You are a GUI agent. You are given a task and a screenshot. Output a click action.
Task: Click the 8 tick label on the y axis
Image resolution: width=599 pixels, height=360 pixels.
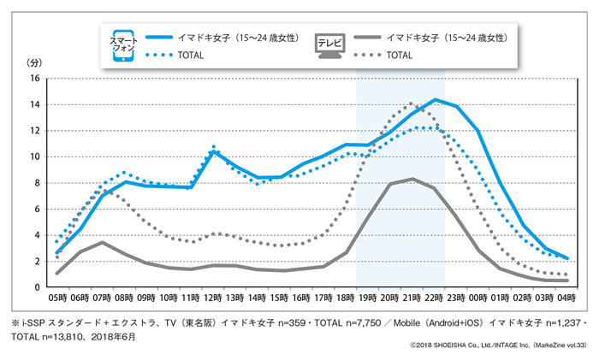pyautogui.click(x=36, y=182)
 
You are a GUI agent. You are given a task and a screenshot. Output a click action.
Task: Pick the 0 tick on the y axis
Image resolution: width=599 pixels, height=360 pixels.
pyautogui.click(x=36, y=287)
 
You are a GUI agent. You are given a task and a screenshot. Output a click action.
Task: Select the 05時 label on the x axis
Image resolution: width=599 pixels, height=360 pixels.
pyautogui.click(x=56, y=298)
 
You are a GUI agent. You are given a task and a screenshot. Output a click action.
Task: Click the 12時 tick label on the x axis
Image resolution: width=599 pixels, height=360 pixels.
pyautogui.click(x=214, y=298)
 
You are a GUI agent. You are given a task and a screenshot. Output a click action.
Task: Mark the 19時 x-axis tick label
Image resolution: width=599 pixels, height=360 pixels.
pyautogui.click(x=369, y=298)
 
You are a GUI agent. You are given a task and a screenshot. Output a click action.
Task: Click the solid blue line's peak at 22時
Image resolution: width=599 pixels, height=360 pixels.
pyautogui.click(x=436, y=99)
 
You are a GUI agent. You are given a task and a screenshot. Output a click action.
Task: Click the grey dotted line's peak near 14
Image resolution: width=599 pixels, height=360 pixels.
pyautogui.click(x=412, y=103)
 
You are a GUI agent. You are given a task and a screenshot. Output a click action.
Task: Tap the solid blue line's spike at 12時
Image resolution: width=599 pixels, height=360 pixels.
pyautogui.click(x=214, y=151)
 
